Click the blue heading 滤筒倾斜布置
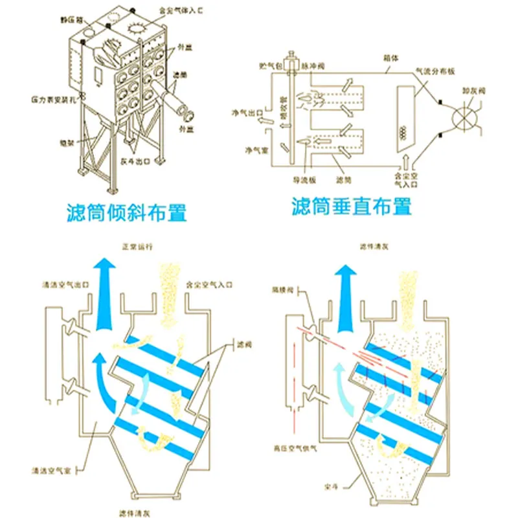pos(127,211)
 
